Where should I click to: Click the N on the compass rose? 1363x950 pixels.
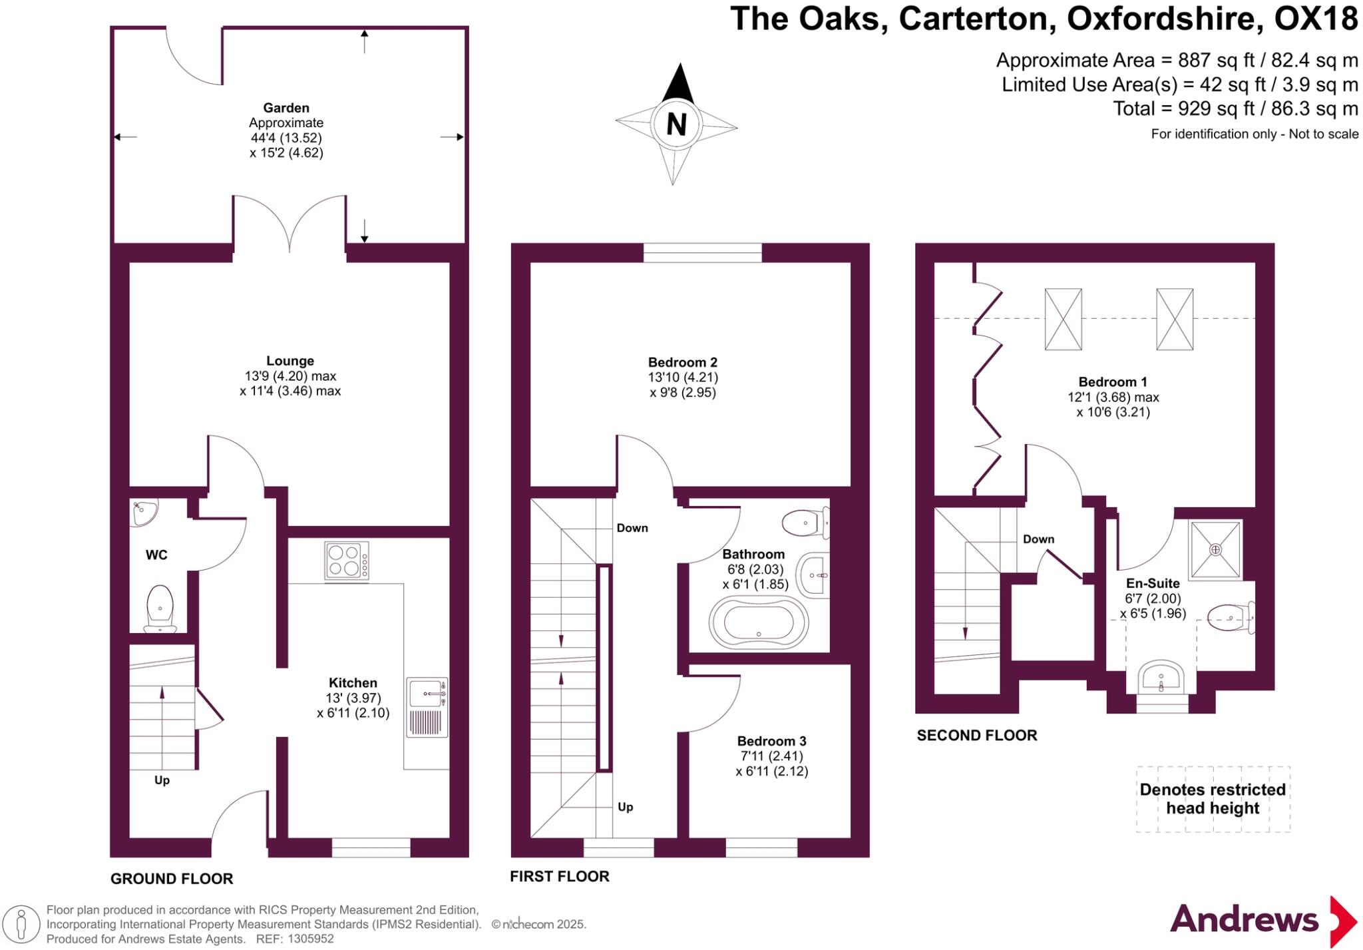tap(676, 124)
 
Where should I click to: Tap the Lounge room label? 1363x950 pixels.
tap(290, 361)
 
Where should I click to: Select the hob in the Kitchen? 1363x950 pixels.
tap(347, 561)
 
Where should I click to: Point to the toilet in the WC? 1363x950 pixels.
tap(160, 607)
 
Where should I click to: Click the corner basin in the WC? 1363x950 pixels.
tap(142, 513)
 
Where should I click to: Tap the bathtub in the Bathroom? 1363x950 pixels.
tap(759, 623)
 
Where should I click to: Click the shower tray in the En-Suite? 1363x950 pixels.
tap(1215, 550)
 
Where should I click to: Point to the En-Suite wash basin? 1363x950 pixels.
tap(1161, 678)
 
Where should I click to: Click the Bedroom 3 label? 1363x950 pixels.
tap(771, 741)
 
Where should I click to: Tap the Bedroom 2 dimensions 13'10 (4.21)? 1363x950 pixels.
tap(683, 377)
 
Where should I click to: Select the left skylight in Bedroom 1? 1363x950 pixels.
tap(1063, 319)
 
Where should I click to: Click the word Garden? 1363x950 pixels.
tap(286, 108)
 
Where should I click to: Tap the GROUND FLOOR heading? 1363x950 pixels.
tap(172, 879)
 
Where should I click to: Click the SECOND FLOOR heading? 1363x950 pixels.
tap(977, 736)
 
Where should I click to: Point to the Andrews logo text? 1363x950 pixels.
tap(1244, 920)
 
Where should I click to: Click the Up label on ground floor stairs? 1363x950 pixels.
tap(162, 780)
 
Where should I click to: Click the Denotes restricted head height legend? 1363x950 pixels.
tap(1213, 799)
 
